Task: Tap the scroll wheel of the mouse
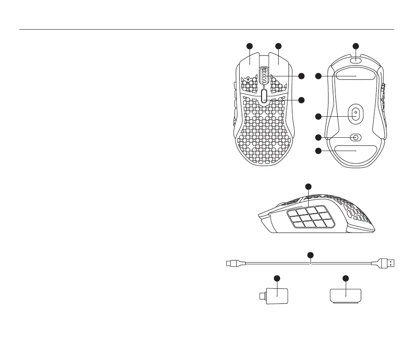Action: tap(264, 76)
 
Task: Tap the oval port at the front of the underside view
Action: tap(356, 61)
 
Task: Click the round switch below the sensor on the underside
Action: tap(356, 137)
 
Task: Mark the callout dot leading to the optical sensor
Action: tap(318, 116)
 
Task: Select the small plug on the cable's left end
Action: tap(234, 263)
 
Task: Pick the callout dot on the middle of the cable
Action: tap(310, 256)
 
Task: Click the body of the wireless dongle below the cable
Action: tap(277, 296)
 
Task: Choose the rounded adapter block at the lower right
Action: tap(346, 296)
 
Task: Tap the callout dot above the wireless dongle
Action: tap(277, 278)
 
